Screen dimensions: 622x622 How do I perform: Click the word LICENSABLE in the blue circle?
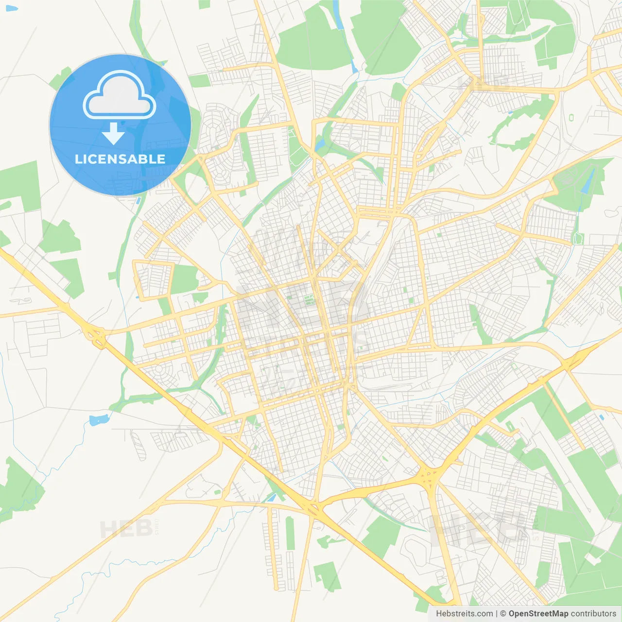tap(120, 159)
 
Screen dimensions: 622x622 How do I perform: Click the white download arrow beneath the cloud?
tap(113, 134)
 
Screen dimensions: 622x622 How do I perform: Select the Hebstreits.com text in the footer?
tap(464, 614)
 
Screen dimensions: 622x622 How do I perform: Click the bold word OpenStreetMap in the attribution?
tap(538, 614)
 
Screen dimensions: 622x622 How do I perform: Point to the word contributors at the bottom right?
tap(593, 614)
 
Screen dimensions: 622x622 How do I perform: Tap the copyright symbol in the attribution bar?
tap(503, 614)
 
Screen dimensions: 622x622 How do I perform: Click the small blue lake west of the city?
tap(99, 419)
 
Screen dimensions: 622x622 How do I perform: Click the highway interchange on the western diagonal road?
tap(94, 336)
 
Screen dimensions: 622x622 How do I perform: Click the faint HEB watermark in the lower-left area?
tap(122, 529)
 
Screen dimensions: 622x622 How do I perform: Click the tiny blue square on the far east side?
tap(602, 417)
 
